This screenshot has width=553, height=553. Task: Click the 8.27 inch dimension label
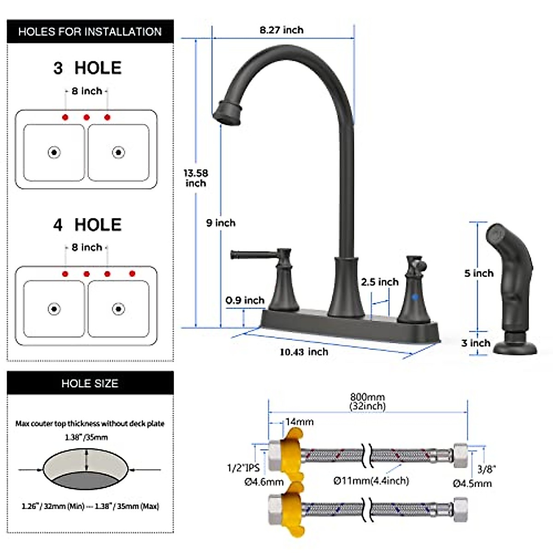281,30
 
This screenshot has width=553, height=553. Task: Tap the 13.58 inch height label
196,178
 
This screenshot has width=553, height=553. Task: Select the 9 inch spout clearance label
221,223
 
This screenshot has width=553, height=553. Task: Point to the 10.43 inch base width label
304,352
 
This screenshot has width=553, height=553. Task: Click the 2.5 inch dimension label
380,282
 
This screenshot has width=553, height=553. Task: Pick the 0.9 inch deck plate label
245,300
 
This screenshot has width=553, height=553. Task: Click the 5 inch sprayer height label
479,273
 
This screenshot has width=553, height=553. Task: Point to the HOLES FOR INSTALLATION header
90,32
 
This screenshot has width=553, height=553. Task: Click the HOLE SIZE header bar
90,383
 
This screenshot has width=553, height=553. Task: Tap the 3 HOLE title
87,68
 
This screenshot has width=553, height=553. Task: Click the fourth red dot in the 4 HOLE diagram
132,274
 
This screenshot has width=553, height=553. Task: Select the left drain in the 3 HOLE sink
54,152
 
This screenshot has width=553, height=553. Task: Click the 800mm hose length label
367,401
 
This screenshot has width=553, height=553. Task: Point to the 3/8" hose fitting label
486,469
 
